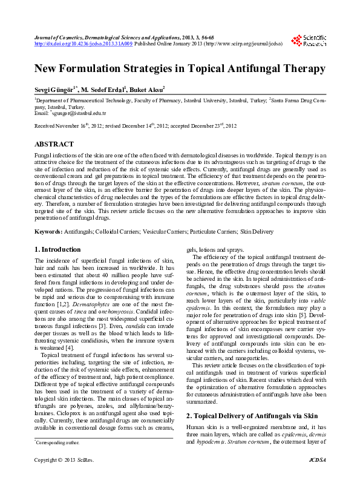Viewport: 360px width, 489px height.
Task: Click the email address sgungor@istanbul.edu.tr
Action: click(79, 113)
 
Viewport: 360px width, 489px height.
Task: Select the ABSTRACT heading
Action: click(55, 145)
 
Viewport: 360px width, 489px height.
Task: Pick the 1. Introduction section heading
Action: click(57, 249)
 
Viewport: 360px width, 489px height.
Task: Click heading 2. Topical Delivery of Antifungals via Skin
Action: click(252, 399)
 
